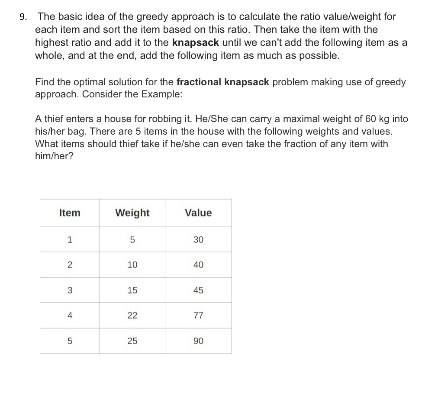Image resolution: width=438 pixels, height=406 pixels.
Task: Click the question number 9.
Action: coord(23,17)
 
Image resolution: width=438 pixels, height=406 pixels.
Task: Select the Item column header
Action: coord(70,213)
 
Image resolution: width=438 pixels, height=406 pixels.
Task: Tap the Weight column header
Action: coord(132,213)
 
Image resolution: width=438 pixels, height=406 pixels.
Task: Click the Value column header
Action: coord(198,213)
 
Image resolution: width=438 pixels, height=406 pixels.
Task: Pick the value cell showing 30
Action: coord(198,239)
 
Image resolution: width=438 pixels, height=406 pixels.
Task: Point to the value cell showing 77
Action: coord(198,316)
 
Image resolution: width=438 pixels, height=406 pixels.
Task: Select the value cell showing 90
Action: coord(198,341)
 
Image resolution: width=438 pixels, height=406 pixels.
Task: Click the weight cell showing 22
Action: coord(132,316)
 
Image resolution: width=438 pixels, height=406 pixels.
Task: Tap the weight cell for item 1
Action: coord(132,239)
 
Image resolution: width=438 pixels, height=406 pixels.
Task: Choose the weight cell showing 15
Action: coord(132,290)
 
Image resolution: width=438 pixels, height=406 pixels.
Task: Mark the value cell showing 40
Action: coord(198,265)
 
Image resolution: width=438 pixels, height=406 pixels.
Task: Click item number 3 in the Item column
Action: coord(70,290)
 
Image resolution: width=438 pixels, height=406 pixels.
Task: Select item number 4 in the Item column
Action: coord(70,316)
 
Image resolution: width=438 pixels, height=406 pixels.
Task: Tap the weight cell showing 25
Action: coord(132,341)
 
